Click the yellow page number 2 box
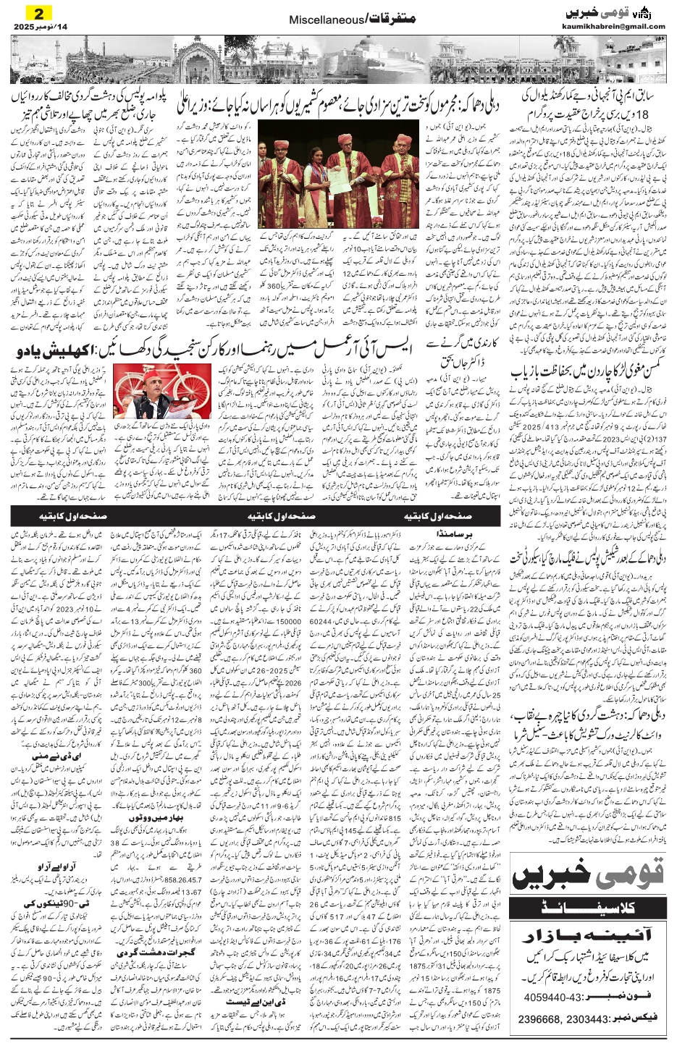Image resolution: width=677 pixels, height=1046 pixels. click(39, 13)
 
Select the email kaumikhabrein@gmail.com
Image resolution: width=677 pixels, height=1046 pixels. click(613, 27)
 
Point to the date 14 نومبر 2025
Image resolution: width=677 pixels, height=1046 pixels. click(39, 28)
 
